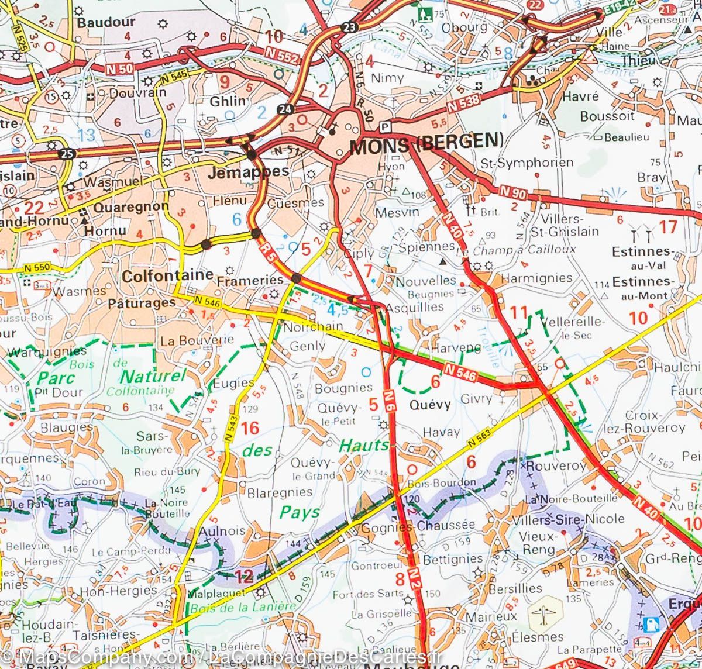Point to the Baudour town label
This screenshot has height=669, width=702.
tap(106, 22)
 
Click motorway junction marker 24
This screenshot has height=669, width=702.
tap(285, 109)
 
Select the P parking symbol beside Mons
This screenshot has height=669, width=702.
tap(384, 126)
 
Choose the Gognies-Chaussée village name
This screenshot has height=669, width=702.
tap(418, 525)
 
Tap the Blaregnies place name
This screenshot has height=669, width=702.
tap(280, 492)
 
